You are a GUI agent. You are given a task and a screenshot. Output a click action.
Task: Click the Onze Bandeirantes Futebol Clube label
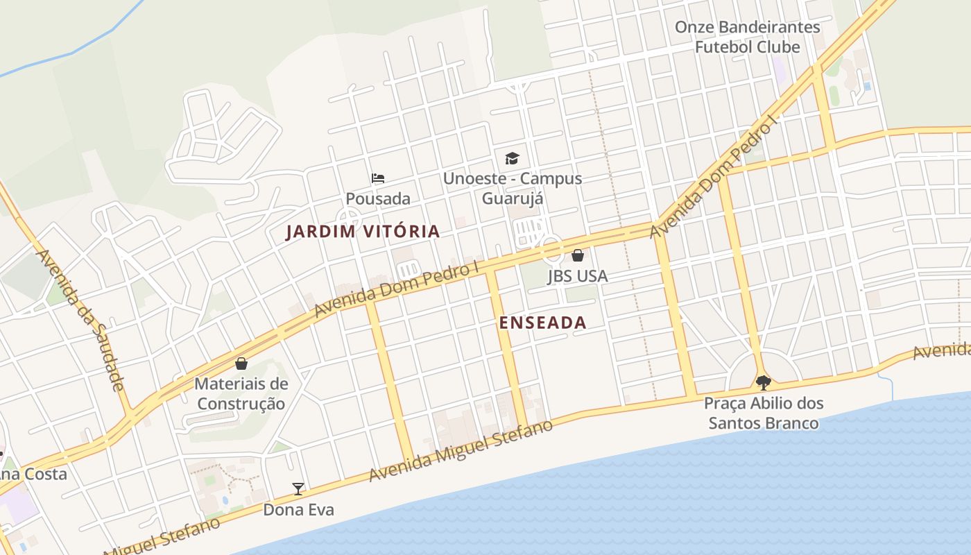(747, 37)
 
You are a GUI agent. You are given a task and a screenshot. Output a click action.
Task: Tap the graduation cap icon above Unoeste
(512, 159)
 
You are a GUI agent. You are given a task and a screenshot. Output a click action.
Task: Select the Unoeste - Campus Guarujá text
(512, 188)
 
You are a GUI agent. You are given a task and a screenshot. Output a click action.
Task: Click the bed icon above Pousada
(378, 179)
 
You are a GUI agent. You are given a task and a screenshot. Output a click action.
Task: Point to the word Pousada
(378, 198)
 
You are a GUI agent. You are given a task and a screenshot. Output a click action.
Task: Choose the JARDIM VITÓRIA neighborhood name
(363, 232)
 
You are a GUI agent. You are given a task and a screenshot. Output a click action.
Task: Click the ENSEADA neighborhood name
(542, 323)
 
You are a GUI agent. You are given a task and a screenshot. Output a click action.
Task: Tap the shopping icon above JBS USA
(577, 255)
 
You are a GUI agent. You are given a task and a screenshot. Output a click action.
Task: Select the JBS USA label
(577, 275)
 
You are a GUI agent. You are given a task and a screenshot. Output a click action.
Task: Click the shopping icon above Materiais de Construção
(241, 364)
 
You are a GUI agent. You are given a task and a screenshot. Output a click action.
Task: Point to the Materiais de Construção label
(241, 393)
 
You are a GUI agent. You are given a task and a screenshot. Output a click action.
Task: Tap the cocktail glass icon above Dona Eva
(298, 489)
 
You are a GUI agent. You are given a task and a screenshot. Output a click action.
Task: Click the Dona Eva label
(298, 510)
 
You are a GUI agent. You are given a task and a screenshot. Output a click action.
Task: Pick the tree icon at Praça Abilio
(763, 382)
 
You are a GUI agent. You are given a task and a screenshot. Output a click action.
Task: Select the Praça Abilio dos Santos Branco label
(764, 413)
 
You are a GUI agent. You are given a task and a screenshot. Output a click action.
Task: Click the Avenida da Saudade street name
(81, 319)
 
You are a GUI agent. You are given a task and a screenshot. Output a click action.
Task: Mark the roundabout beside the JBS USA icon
(551, 246)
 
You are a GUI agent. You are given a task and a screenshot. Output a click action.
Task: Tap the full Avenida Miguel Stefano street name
(461, 451)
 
